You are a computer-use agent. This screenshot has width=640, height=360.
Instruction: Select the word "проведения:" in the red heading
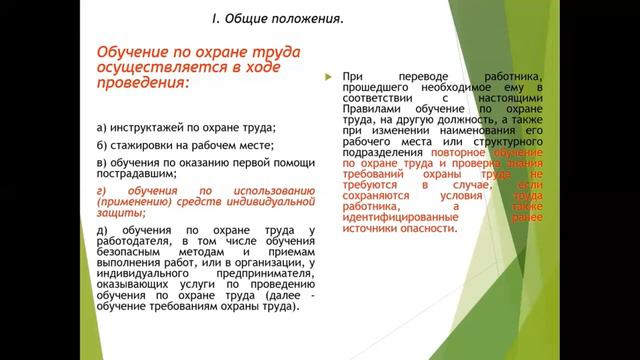tap(139, 84)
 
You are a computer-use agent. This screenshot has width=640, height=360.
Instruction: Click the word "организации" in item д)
tap(265, 263)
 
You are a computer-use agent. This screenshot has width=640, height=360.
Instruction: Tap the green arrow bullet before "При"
tap(328, 77)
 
